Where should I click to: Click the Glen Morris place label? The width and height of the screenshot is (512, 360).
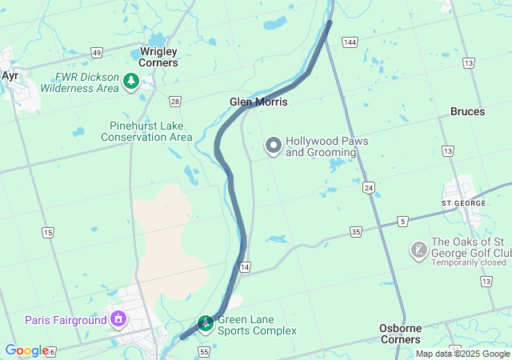[258, 102]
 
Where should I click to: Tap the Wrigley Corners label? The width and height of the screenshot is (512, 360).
[158, 57]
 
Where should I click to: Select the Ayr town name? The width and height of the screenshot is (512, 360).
[10, 75]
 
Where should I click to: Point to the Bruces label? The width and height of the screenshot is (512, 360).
[467, 112]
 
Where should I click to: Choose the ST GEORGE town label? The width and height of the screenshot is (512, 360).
[463, 203]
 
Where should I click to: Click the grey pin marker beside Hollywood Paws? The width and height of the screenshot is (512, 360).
[274, 146]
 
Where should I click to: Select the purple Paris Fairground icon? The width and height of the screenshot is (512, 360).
[118, 320]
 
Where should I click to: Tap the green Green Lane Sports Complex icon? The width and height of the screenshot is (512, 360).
[206, 324]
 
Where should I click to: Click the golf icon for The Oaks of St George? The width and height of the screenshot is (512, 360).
[418, 250]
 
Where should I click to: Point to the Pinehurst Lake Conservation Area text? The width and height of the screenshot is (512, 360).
[146, 132]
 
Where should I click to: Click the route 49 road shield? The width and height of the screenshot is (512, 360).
[96, 52]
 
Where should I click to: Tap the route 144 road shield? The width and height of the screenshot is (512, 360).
[349, 42]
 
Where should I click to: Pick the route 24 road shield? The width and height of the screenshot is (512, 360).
[368, 187]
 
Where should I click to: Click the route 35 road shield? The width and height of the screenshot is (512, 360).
[356, 232]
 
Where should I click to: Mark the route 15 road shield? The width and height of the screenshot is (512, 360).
[48, 233]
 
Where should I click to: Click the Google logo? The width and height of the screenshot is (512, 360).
[26, 350]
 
